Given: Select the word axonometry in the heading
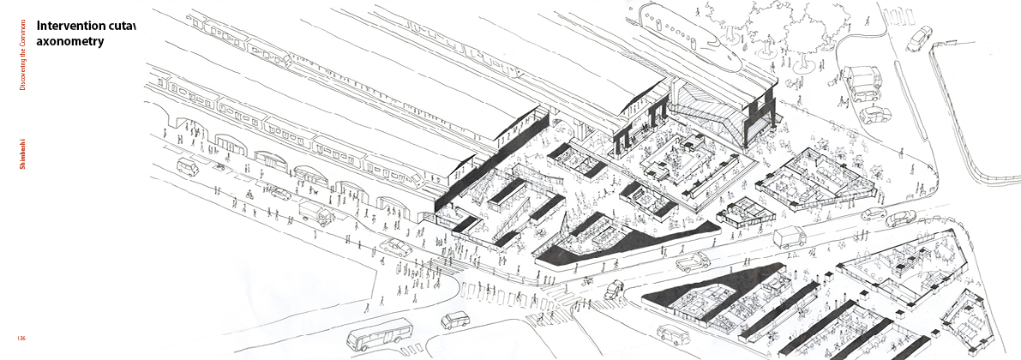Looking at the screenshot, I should pos(70,40).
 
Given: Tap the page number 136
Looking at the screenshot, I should pos(22,338).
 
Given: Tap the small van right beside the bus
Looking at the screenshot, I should pos(456,321).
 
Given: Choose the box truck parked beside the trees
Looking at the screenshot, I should pos(860,81).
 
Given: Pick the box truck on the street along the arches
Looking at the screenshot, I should pos(317,213).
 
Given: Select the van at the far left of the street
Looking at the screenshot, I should pos(188,167).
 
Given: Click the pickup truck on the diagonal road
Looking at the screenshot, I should pos(693,261).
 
